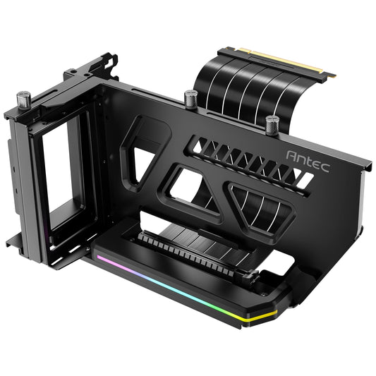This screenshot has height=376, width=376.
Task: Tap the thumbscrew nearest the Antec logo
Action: point(272,125)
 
